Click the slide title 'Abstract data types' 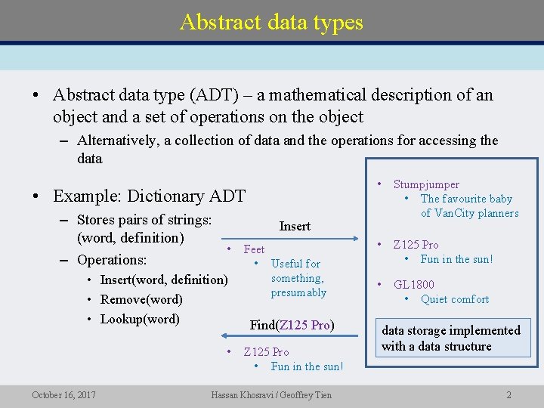click(271, 22)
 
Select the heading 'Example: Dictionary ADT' click(149, 196)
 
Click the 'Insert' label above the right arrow click(295, 226)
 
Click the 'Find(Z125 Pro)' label click(292, 325)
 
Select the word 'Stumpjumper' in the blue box click(426, 184)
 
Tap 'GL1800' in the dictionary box click(414, 285)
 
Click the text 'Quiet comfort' click(455, 299)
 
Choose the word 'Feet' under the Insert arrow click(254, 249)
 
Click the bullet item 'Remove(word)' click(141, 299)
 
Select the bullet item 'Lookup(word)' click(140, 319)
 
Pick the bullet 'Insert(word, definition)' click(164, 280)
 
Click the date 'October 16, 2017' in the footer click(63, 394)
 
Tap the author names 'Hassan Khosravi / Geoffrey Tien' click(271, 394)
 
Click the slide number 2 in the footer click(509, 394)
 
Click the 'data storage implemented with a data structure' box click(451, 338)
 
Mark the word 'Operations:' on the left click(112, 260)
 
